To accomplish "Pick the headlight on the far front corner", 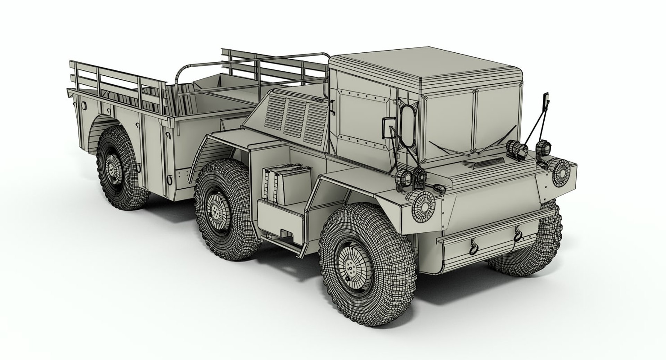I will coord(560,171).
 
